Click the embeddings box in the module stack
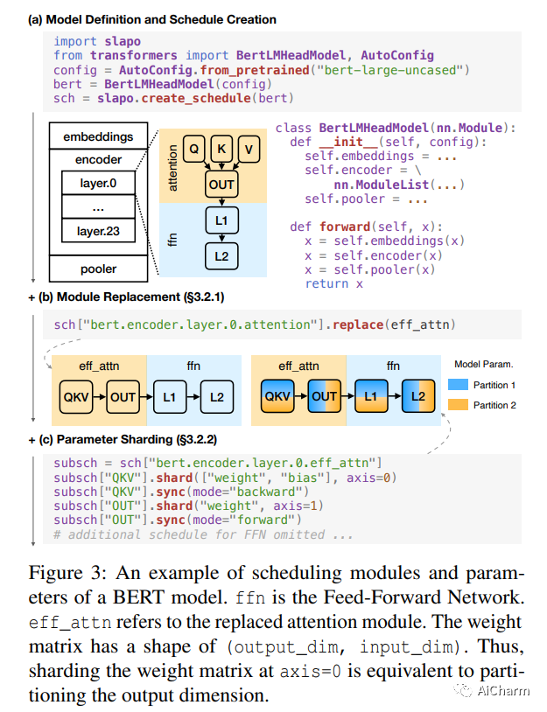coord(98,136)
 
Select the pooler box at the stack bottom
coord(98,269)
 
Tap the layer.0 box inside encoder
coord(97,184)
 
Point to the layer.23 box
coord(97,232)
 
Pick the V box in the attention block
coord(249,150)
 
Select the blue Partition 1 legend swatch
coord(458,384)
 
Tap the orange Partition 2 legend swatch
coord(458,405)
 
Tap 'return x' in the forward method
coord(334,283)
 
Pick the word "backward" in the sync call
coord(263,492)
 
